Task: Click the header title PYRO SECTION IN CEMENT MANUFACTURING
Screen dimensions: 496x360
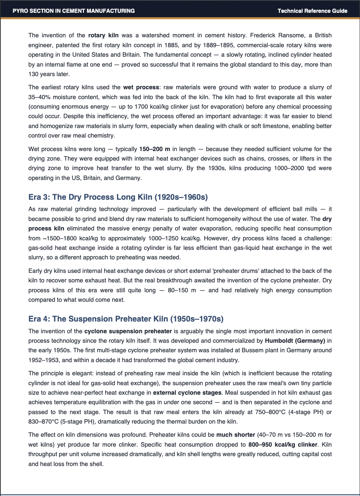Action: click(73, 11)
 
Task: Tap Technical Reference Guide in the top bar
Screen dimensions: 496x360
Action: click(312, 11)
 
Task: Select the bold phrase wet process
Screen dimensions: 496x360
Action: click(141, 87)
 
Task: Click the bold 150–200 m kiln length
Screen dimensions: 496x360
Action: click(155, 149)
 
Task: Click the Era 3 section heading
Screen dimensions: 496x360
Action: click(118, 197)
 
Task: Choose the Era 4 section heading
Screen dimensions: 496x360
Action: click(126, 319)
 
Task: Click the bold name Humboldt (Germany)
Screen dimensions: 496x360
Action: click(295, 341)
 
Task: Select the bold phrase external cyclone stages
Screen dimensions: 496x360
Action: click(187, 393)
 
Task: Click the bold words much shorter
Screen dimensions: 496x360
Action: click(235, 435)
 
